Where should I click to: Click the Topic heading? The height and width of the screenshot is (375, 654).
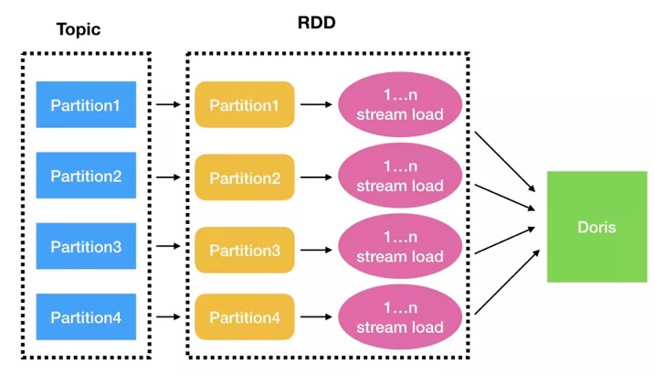click(x=79, y=29)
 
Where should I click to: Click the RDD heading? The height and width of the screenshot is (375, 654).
click(x=317, y=23)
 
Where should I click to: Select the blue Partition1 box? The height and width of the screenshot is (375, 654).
click(x=86, y=104)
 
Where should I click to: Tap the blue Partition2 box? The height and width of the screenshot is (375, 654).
click(x=86, y=175)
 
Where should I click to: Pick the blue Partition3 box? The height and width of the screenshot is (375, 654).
click(x=86, y=246)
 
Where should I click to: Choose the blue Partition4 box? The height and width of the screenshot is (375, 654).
click(x=86, y=316)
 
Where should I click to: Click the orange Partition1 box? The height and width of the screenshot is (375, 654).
click(x=245, y=104)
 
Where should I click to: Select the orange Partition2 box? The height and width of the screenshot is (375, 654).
click(x=245, y=177)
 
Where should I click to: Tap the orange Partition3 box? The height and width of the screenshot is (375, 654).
click(x=245, y=250)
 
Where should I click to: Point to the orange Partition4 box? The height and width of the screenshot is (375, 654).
click(x=245, y=316)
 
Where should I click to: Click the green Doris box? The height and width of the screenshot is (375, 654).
click(x=596, y=227)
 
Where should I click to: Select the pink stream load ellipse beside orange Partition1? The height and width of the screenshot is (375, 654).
click(x=400, y=104)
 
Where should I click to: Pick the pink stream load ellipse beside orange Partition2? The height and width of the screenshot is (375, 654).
click(x=400, y=176)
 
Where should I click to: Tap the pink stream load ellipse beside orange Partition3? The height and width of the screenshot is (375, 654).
click(x=400, y=246)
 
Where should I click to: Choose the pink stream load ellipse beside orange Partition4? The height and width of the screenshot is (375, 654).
click(x=400, y=317)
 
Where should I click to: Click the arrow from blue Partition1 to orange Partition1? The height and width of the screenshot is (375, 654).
click(x=168, y=104)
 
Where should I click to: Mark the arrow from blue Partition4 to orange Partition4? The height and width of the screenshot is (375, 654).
click(x=168, y=316)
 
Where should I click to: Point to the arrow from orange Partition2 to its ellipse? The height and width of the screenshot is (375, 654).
click(x=316, y=177)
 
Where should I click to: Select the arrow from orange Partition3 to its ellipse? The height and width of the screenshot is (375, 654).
click(x=316, y=250)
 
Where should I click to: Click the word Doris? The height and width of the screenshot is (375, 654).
click(x=596, y=227)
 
